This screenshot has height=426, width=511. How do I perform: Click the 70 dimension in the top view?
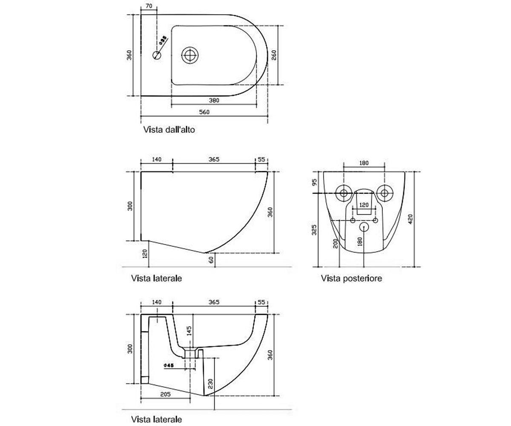click(x=149, y=6)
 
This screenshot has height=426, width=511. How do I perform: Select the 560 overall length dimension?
click(x=204, y=112)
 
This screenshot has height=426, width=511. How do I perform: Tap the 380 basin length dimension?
click(x=214, y=101)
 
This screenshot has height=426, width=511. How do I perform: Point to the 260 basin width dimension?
click(x=274, y=55)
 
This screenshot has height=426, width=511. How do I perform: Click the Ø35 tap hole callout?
click(x=163, y=40)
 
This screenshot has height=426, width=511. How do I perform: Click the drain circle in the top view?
click(x=190, y=55)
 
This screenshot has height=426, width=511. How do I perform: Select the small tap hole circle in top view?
click(x=157, y=55)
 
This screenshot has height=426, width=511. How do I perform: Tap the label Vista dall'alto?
click(x=169, y=130)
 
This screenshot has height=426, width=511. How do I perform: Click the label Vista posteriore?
click(x=351, y=278)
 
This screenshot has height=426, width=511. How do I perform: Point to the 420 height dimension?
click(x=411, y=219)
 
